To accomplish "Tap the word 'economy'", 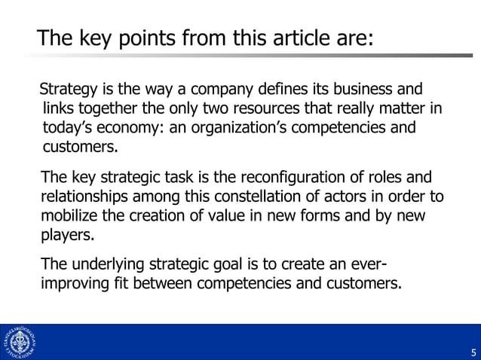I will click(130, 127).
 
